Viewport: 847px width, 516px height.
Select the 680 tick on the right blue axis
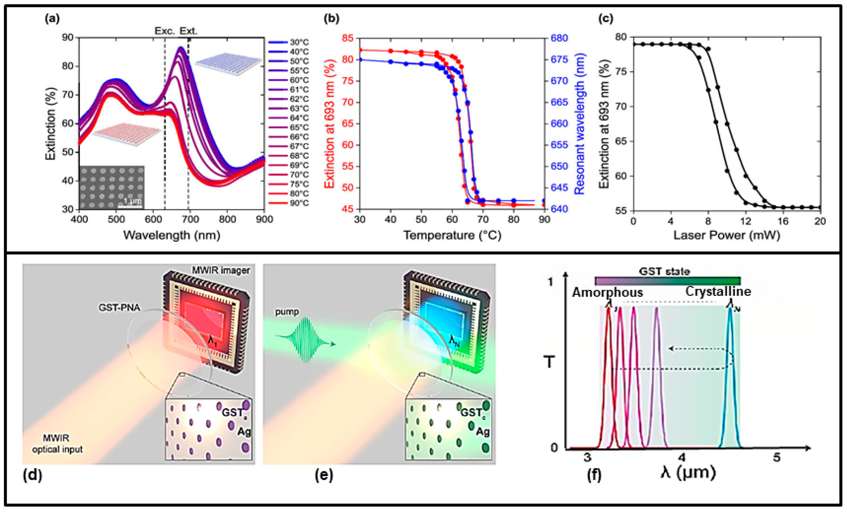point(559,38)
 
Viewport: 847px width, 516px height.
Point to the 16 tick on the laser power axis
point(783,221)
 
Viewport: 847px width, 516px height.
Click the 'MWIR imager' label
point(221,270)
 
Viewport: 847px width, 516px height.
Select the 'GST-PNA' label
point(119,307)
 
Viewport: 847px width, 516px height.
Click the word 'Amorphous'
point(607,292)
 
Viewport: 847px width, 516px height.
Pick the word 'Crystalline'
point(718,291)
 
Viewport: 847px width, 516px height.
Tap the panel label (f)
point(594,476)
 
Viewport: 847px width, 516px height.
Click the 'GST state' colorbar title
point(664,272)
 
